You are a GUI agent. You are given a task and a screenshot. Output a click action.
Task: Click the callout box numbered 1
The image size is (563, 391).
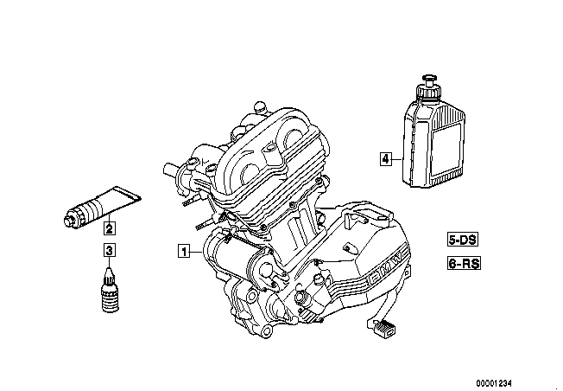pos(184,251)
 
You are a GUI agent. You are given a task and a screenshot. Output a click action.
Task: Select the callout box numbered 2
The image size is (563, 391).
pos(110,228)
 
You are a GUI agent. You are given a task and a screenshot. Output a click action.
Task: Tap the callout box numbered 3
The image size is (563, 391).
pos(110,250)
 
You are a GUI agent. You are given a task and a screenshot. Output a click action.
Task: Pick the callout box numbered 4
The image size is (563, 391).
pos(386,158)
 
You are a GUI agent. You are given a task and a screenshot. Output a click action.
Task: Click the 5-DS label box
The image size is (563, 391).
pos(463,240)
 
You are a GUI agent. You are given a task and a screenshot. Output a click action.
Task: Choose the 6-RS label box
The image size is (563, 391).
pos(464,263)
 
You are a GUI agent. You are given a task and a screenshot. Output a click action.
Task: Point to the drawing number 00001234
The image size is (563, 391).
pos(494,382)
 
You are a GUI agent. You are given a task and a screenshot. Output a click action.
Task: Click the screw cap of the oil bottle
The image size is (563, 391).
pos(428,87)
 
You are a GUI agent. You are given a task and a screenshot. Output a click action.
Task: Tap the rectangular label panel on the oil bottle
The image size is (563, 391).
pos(446,150)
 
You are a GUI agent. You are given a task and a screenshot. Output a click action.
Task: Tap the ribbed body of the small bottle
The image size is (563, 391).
pos(110,298)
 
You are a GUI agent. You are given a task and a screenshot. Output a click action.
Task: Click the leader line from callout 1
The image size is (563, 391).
pos(196,252)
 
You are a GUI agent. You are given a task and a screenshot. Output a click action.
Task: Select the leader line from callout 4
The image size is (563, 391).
pos(397,158)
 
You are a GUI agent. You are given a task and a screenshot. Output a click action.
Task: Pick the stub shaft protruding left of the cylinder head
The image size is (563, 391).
pos(172,169)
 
